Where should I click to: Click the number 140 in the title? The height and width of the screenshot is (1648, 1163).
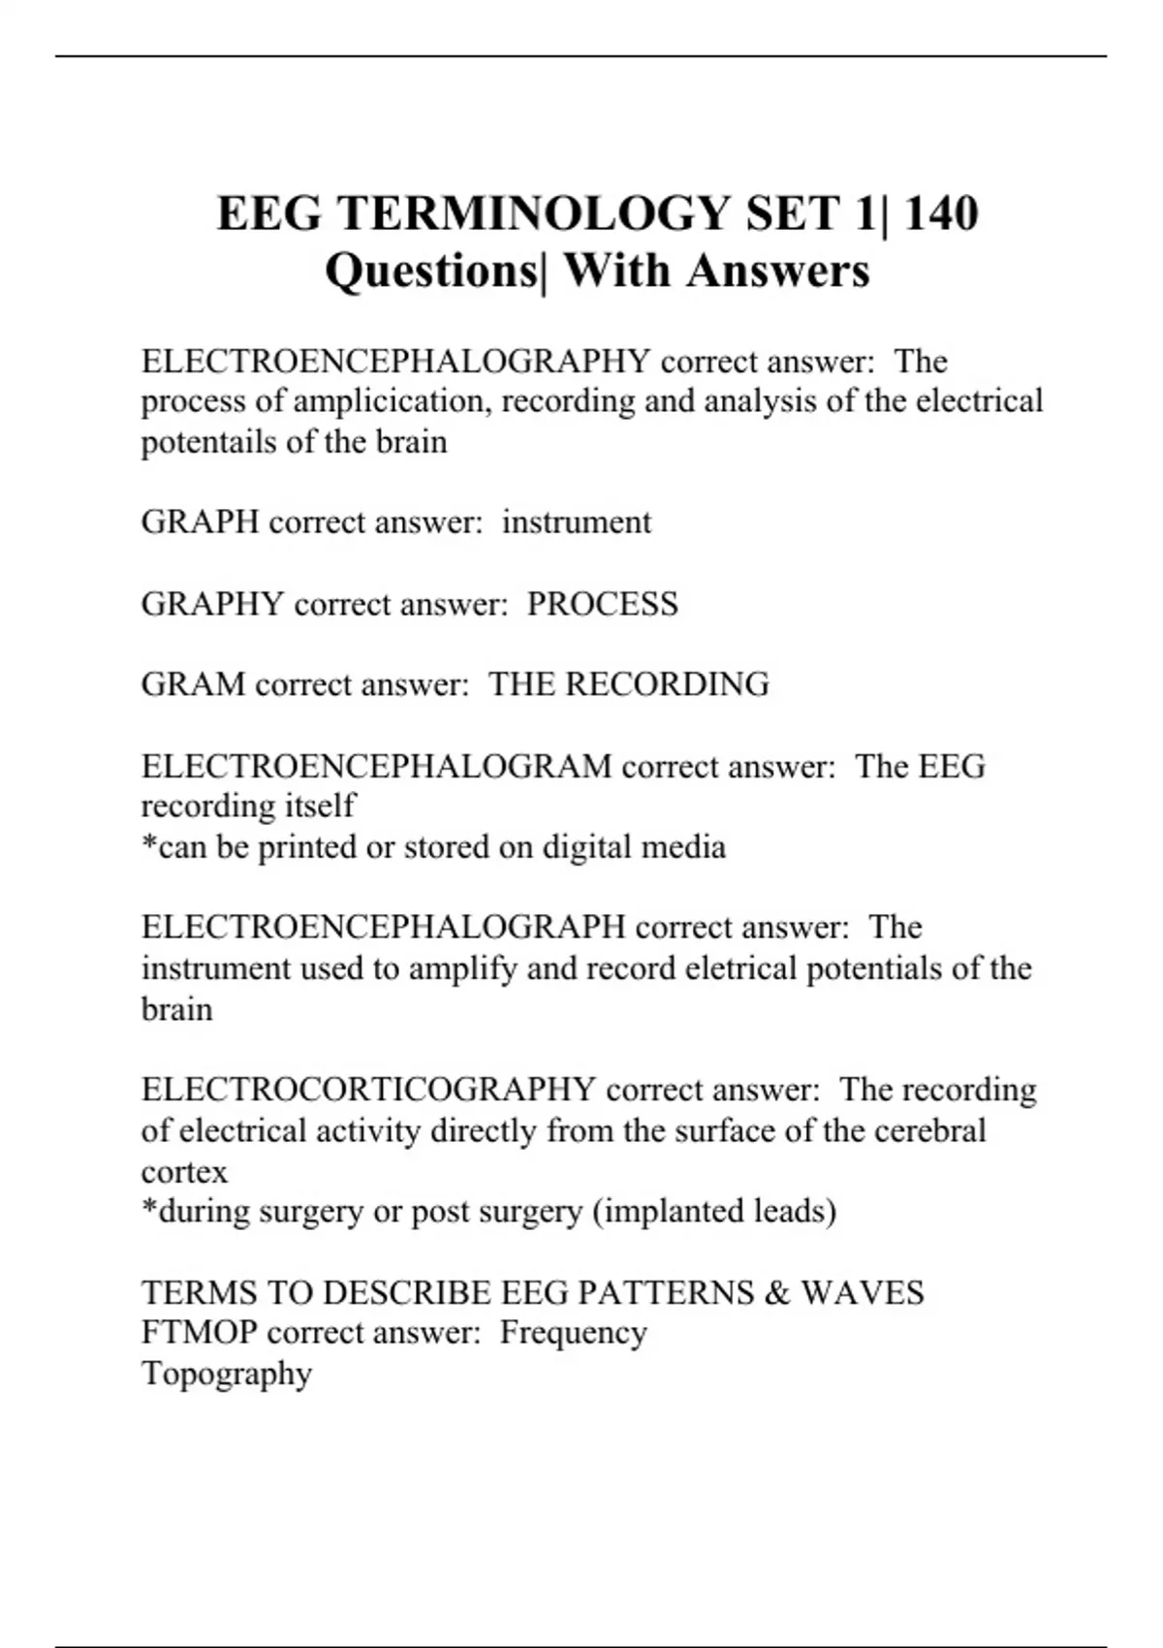tap(940, 213)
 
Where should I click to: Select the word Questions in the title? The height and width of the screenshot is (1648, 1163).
tap(429, 270)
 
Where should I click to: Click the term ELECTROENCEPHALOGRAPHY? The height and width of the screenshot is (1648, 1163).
tap(395, 362)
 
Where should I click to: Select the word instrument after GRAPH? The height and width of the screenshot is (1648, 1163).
tap(577, 523)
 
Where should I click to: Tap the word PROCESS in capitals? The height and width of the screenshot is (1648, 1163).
tap(602, 604)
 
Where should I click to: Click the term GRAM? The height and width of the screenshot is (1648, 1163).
tap(193, 684)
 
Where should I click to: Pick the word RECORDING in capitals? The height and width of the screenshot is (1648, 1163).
tap(667, 684)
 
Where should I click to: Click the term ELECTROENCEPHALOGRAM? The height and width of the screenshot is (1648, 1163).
tap(376, 766)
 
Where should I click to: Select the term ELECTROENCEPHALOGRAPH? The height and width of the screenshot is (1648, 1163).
tap(383, 928)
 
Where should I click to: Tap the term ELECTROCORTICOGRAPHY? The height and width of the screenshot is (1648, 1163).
tap(368, 1090)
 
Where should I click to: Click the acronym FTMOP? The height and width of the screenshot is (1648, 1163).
tap(199, 1333)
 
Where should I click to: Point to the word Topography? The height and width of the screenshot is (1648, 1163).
tap(227, 1374)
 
